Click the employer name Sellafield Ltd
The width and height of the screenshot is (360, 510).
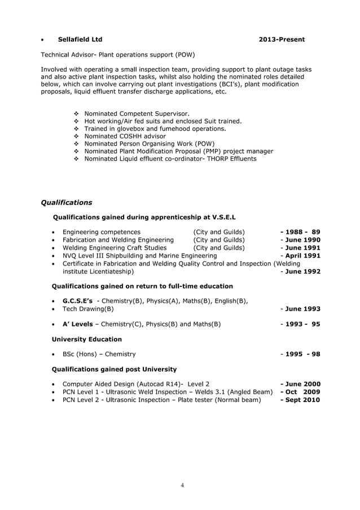80,40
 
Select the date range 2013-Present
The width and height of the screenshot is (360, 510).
282,40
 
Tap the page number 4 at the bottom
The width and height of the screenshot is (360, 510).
182,485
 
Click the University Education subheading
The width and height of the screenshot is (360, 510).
86,339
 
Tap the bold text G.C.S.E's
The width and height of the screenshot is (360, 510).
77,300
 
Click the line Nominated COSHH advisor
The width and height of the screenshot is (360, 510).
125,136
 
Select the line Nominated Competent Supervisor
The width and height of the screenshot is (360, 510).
137,114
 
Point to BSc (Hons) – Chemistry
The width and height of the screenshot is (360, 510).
99,354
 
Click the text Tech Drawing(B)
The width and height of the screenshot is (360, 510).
88,309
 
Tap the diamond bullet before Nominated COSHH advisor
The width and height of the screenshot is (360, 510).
77,136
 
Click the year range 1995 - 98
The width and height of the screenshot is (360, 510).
301,354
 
